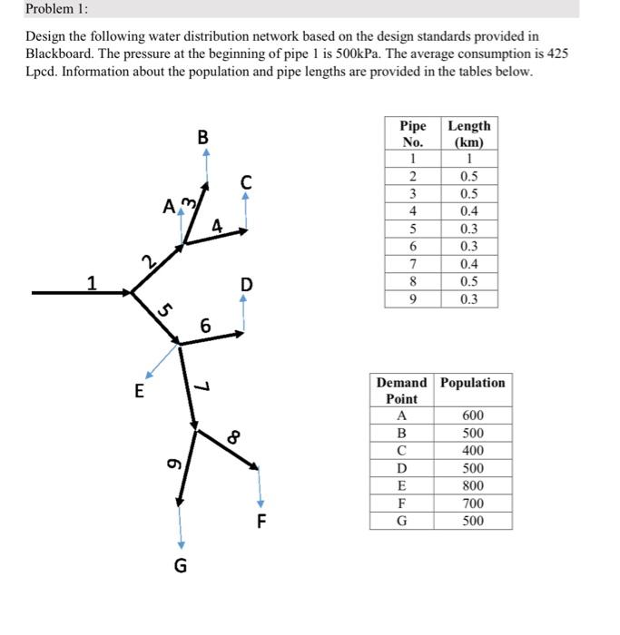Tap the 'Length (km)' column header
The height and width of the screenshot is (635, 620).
point(469,134)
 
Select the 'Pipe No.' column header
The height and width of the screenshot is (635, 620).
point(413,134)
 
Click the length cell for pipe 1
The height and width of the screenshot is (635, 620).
point(469,159)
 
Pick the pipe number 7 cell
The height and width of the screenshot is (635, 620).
point(413,264)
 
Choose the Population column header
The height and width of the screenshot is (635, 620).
point(473,383)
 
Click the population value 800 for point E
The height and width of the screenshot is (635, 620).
point(473,485)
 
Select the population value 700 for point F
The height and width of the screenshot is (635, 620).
point(473,503)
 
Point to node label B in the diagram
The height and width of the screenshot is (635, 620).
point(203,137)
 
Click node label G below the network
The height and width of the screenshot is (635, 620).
point(180,567)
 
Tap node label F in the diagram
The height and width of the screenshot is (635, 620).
point(261,522)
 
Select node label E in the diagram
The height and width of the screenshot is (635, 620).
point(139,392)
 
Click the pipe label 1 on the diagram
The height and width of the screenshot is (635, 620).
point(91,282)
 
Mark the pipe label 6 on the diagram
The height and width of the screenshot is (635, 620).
point(205,325)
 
